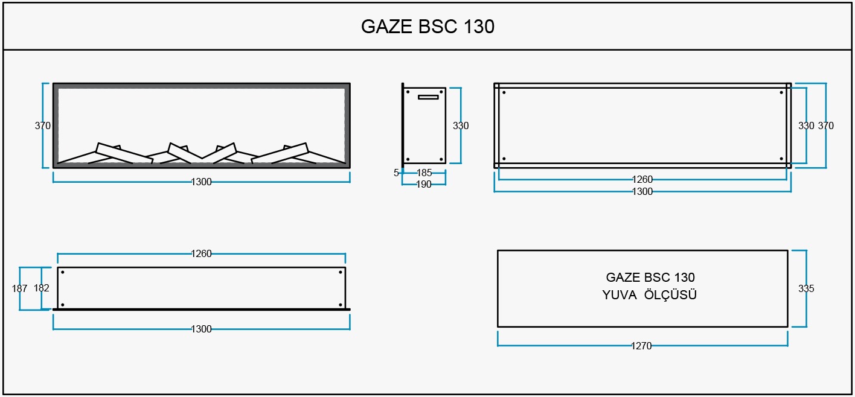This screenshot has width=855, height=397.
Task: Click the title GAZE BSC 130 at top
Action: coord(427,27)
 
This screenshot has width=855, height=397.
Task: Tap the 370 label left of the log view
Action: coord(42,125)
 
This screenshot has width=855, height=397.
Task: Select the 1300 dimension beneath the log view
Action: coord(201,182)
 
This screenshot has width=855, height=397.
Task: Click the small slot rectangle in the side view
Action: coord(428,97)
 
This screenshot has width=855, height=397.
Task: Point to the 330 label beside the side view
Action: coord(461,125)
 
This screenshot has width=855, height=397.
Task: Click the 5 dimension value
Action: coord(396,173)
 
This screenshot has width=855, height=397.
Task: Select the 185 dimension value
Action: coord(424,173)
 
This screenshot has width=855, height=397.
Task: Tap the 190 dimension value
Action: coord(424,185)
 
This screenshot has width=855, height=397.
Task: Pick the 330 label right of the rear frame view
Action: coord(806,125)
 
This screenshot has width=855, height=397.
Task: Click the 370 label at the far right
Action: coord(825,125)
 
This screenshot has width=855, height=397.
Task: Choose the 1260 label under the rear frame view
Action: coord(642,179)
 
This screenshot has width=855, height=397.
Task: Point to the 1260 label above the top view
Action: coord(201,253)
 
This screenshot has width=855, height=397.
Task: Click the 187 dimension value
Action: coord(19,288)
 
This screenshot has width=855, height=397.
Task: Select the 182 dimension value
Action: coord(41,288)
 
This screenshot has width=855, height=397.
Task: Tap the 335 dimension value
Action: coord(806,288)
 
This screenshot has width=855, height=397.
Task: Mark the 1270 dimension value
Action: coord(641,346)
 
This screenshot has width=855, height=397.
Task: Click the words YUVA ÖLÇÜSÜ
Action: coord(649,295)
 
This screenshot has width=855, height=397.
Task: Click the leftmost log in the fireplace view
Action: coord(124,153)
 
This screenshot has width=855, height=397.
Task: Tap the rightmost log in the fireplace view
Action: coord(280,153)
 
